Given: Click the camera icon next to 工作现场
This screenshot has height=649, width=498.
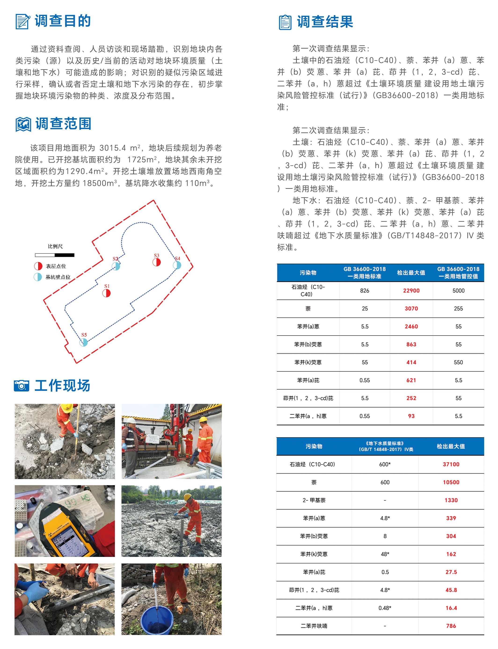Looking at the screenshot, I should [21, 386].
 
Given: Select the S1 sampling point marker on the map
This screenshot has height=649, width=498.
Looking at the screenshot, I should [106, 293].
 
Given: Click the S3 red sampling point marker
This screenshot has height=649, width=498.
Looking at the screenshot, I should [157, 262].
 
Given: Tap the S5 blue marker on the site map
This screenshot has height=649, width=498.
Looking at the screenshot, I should [84, 342].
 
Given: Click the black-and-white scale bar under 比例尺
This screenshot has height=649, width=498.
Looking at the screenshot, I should [55, 255].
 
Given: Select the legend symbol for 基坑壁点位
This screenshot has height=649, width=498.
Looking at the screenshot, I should [38, 277].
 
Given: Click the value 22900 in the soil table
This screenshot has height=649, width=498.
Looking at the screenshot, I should [411, 291].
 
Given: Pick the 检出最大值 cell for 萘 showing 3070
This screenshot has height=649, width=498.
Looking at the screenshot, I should [411, 309].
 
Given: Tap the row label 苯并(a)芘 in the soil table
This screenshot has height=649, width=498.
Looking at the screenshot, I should [308, 380].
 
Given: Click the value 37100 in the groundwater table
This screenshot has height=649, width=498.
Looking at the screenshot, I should [451, 464].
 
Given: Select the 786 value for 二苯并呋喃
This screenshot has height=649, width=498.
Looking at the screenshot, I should [451, 626].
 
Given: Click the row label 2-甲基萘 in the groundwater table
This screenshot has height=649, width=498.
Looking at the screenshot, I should [314, 500].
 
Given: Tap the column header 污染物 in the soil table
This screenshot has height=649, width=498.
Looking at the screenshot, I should [308, 273].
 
